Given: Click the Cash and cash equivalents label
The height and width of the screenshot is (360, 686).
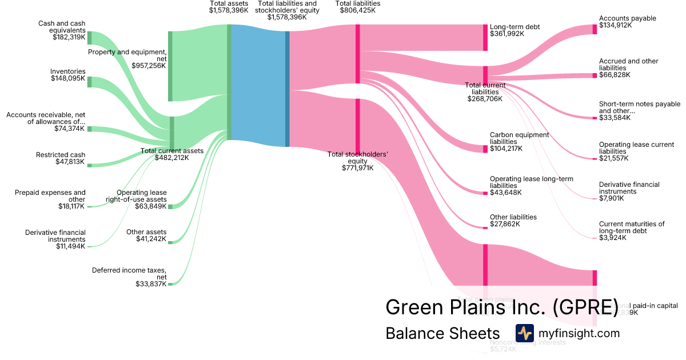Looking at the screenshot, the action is click(62, 27).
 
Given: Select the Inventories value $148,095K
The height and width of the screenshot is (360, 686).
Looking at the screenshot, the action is click(68, 78).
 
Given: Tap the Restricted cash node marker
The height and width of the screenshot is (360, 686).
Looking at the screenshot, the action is click(89, 165).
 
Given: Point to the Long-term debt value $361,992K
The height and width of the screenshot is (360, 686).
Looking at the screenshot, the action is click(506, 34).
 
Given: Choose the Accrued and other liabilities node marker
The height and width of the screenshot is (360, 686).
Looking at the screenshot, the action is click(595, 75).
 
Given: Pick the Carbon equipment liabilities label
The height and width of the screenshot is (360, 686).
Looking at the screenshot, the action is click(519, 138).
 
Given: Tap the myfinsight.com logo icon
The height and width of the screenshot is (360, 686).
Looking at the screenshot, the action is click(524, 333).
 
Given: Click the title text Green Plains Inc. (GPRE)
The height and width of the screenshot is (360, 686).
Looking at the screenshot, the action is click(501, 307).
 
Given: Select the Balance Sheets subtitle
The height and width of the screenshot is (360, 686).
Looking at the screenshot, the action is click(442, 333).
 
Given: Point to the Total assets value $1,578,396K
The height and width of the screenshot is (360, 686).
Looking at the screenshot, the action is click(229, 10).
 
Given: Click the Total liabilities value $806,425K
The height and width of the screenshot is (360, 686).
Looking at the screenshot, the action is click(358, 10).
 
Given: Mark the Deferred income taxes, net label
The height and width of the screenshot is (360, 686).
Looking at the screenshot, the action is click(129, 273).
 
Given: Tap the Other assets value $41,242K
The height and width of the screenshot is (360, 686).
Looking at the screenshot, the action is click(151, 239).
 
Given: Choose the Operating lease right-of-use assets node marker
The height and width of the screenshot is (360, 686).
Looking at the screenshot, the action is click(170, 206).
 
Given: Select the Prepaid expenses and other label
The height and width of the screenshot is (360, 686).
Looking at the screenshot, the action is click(50, 196).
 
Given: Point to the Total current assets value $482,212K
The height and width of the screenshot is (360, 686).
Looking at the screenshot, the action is click(171, 158).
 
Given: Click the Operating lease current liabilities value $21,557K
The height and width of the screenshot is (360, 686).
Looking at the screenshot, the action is click(615, 158).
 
